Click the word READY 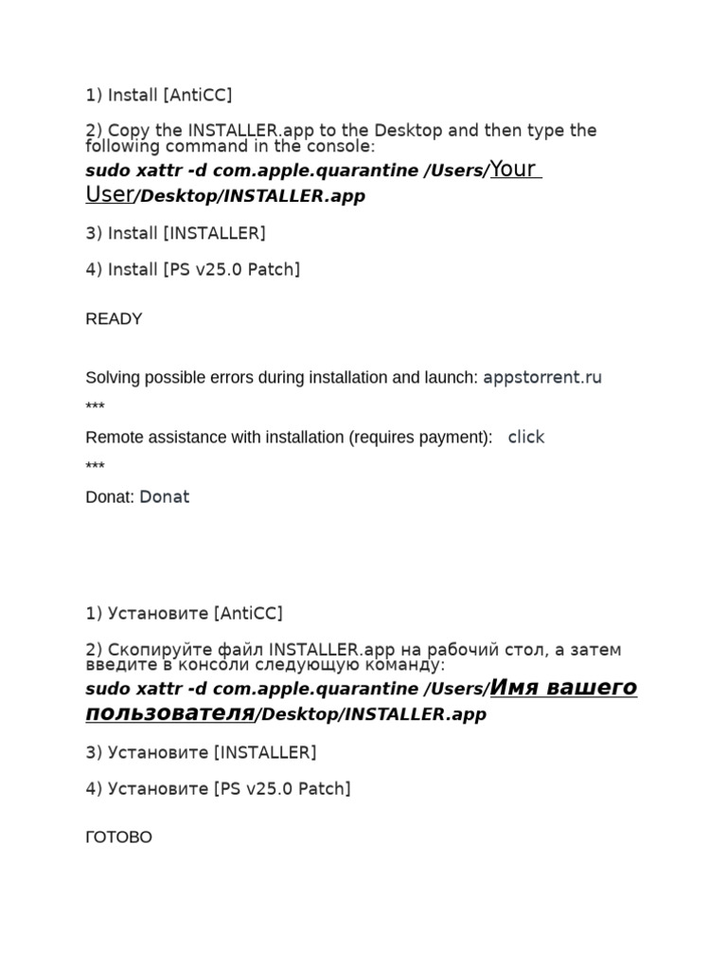click(114, 319)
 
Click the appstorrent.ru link click(542, 377)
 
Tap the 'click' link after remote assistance click(526, 437)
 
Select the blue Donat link click(165, 496)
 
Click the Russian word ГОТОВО click(118, 837)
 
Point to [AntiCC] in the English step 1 click(197, 95)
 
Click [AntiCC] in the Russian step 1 click(248, 613)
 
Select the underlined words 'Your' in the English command click(514, 170)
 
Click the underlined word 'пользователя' click(169, 712)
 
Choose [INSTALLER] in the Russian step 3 click(265, 752)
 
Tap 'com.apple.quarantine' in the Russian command click(314, 689)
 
